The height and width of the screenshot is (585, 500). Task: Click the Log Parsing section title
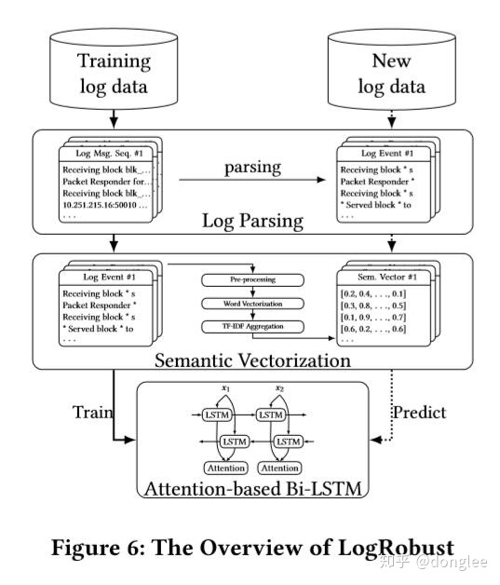click(251, 221)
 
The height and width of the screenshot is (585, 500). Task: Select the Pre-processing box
click(251, 279)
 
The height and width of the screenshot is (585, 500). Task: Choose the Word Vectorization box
click(251, 303)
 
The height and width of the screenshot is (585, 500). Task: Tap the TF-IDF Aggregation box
click(251, 326)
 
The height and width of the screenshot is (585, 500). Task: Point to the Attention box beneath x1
click(225, 468)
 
